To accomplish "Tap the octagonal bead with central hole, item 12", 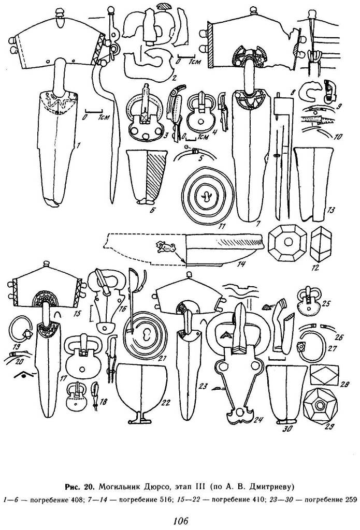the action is coord(287,243).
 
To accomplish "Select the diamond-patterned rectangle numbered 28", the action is coord(324,375).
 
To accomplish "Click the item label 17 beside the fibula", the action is coord(62,378).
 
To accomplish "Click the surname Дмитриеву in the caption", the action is coord(268,487).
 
